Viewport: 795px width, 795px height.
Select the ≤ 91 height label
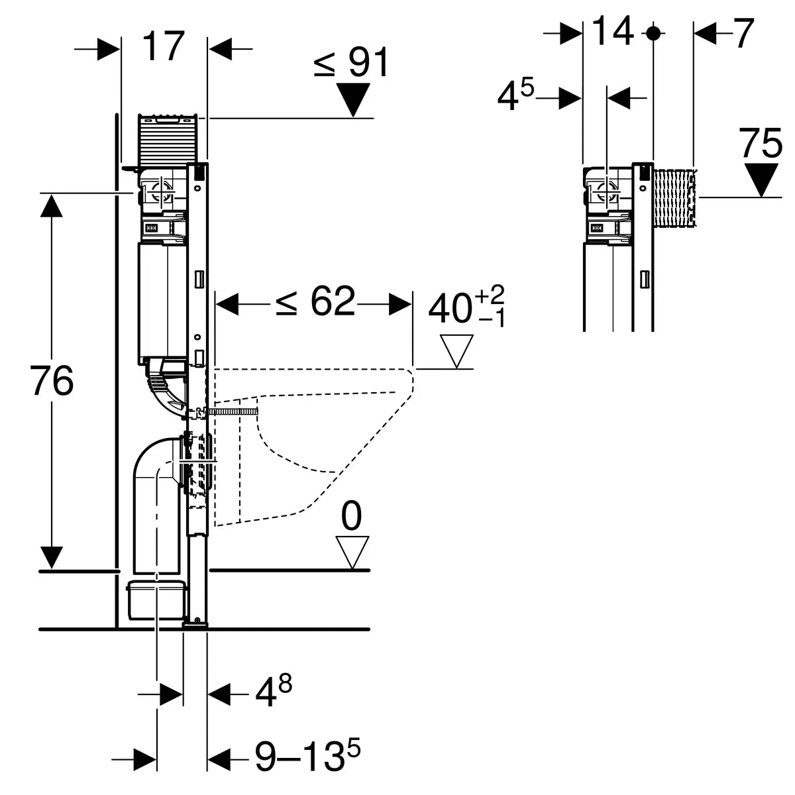click(351, 64)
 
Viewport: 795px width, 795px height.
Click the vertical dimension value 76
click(51, 382)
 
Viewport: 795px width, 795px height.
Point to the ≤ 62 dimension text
click(315, 303)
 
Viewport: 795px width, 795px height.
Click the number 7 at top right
click(744, 33)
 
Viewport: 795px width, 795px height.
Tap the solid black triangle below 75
click(761, 180)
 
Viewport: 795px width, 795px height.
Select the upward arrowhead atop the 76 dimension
click(51, 207)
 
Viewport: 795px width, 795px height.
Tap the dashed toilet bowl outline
click(318, 431)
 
